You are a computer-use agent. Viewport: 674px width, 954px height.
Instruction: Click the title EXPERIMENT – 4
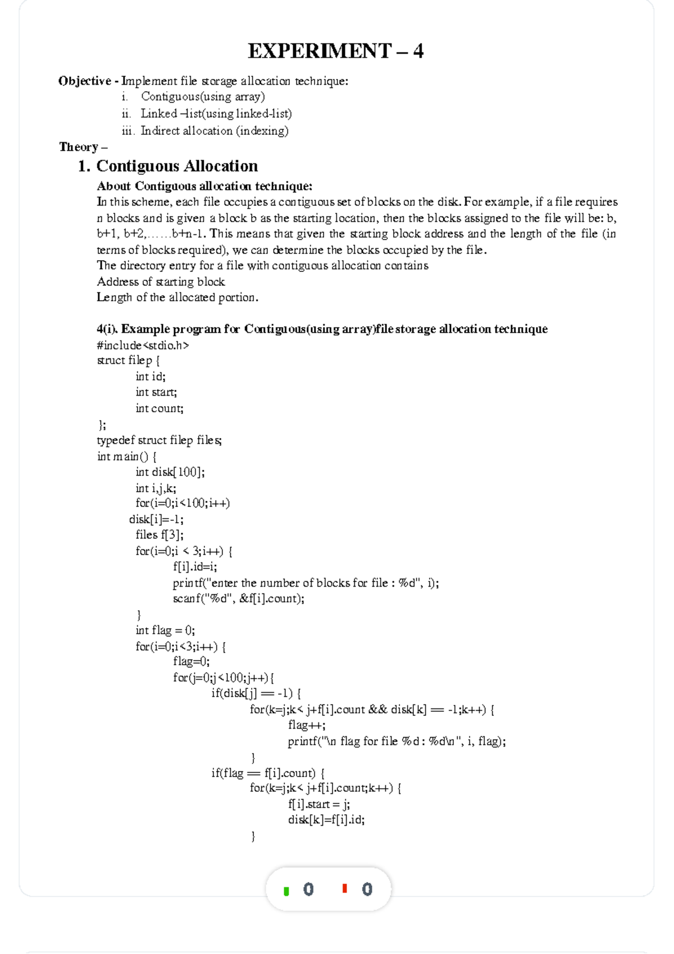click(x=336, y=51)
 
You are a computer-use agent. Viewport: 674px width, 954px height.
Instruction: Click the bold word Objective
click(x=85, y=81)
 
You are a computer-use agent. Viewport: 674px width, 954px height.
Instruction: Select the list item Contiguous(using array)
click(x=203, y=97)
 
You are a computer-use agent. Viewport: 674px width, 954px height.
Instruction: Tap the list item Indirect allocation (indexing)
click(x=214, y=131)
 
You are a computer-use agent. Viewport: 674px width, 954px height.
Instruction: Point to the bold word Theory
click(x=79, y=147)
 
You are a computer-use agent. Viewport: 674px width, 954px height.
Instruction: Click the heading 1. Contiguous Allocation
click(x=168, y=166)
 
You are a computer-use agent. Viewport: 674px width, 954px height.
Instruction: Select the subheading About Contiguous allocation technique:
click(x=204, y=186)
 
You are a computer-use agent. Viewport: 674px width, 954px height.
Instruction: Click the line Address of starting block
click(x=161, y=281)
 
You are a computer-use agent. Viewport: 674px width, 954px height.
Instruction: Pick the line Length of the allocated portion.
click(x=177, y=297)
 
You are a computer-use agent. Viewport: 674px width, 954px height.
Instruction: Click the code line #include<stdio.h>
click(x=143, y=345)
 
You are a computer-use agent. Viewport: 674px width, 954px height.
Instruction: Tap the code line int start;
click(x=156, y=392)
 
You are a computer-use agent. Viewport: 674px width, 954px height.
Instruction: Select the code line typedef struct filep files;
click(x=160, y=440)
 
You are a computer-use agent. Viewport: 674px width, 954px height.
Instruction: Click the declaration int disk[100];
click(x=170, y=472)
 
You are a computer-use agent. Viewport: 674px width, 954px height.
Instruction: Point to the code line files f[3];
click(x=160, y=535)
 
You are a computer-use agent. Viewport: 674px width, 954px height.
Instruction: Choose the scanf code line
click(x=239, y=598)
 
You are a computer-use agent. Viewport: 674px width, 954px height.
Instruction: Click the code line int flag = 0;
click(x=165, y=630)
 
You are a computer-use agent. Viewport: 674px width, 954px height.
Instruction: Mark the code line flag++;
click(x=307, y=725)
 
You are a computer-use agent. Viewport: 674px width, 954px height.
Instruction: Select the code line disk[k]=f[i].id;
click(x=326, y=820)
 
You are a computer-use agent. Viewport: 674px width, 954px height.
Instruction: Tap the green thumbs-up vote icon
click(x=286, y=891)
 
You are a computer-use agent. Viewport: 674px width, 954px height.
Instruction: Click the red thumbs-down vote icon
click(x=345, y=888)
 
